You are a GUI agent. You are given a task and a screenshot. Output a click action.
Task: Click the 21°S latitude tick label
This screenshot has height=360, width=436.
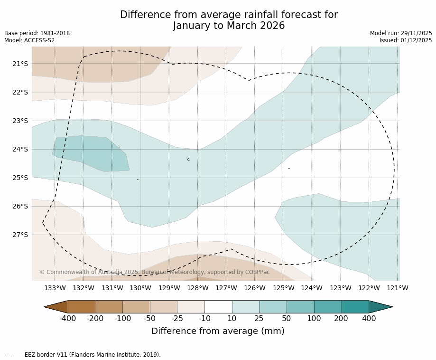point(20,64)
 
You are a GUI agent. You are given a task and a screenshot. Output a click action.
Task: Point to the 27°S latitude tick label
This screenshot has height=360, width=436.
point(20,235)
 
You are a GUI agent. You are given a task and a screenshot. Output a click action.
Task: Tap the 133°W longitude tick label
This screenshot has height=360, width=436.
point(55,288)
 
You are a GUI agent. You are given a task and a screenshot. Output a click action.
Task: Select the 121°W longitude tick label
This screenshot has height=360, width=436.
point(398,288)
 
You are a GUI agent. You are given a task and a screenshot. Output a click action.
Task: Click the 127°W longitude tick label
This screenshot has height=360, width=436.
point(226,288)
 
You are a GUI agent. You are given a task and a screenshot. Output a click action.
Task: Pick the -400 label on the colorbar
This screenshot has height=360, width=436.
point(68,319)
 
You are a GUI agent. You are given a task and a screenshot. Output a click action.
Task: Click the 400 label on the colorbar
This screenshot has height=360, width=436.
point(369,319)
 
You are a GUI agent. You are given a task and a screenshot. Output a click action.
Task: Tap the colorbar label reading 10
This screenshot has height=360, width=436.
point(232,319)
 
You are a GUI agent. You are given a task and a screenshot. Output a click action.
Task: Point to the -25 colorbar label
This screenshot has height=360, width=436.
point(177,319)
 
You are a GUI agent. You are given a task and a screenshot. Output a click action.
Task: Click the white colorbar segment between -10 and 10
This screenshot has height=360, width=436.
point(218,307)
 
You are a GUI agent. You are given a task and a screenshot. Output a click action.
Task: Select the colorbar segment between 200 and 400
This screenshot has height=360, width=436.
point(355,307)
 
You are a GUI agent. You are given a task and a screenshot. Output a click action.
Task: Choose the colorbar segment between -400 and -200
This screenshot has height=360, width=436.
point(82,307)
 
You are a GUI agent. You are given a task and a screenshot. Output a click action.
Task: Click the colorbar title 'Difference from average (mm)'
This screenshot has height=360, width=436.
point(218,332)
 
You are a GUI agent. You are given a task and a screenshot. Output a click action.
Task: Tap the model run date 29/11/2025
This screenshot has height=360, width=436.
point(416,33)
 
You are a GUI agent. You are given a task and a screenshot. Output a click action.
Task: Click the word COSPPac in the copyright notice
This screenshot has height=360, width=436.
point(257,272)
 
